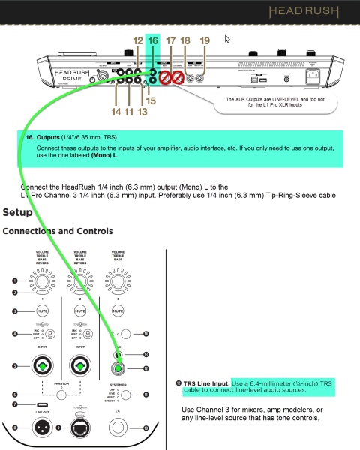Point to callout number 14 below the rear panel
click(x=115, y=111)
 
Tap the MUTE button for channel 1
click(x=43, y=309)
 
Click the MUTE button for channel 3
click(x=118, y=309)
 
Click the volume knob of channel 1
click(x=43, y=284)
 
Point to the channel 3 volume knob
click(x=118, y=284)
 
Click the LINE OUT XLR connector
click(x=43, y=427)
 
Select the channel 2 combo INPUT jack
click(x=80, y=367)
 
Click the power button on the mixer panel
click(x=118, y=429)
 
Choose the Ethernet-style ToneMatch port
click(x=80, y=427)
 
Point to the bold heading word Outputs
click(x=49, y=138)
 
